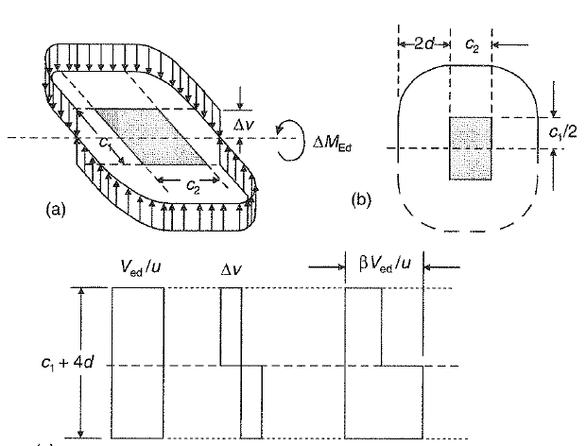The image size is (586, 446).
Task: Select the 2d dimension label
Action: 422,44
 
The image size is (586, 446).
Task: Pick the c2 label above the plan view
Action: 470,44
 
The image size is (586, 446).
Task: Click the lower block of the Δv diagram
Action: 250,402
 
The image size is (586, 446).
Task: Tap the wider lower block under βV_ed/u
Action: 384,402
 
